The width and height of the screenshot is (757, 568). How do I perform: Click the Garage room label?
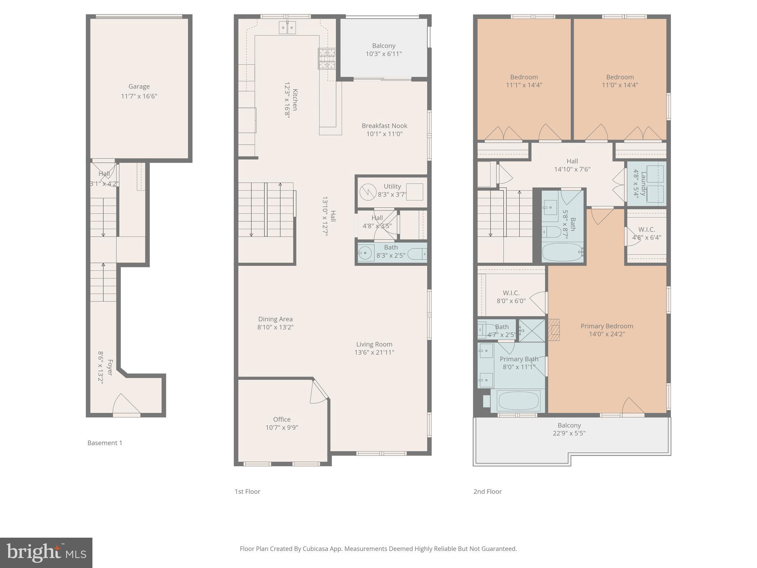coord(139,87)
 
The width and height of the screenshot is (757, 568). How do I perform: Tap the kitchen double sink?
coord(287,28)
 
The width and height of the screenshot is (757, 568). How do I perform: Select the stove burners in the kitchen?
coord(327,59)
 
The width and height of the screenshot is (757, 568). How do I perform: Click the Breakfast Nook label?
coord(384,126)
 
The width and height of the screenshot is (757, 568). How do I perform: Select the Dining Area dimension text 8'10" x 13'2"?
coord(275,327)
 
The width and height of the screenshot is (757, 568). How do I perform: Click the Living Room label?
coord(374,344)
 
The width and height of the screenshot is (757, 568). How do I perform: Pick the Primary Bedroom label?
coord(607,326)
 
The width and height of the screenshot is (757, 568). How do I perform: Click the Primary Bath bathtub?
coord(518,401)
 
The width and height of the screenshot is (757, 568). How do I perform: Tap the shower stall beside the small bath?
coord(532,330)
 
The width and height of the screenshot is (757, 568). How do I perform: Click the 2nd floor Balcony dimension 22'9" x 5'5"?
coord(569,433)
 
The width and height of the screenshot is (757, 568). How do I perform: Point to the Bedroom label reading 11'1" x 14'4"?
coord(524,85)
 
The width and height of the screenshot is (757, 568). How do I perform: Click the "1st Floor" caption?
coord(247,491)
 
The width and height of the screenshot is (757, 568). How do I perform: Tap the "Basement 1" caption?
coord(105,443)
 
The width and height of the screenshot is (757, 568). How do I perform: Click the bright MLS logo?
coord(46,552)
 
